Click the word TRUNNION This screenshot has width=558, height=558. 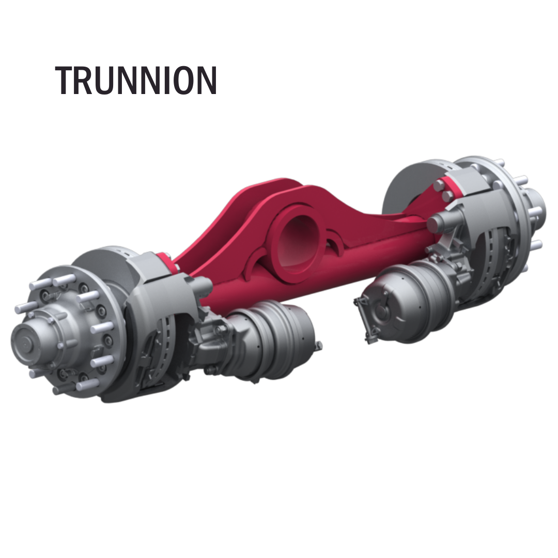(x=136, y=81)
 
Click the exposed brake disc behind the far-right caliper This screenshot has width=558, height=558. (x=408, y=186)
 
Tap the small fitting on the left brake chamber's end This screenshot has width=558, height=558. (x=319, y=344)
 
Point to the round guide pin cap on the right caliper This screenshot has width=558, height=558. (x=434, y=223)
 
